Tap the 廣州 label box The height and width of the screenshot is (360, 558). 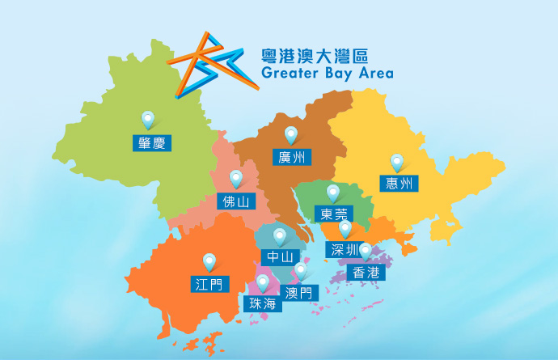(x=290, y=157)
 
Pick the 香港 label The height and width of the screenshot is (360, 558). (x=366, y=273)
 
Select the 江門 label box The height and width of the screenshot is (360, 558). (x=209, y=284)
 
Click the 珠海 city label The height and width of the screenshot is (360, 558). (x=263, y=304)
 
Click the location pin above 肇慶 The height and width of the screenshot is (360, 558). (x=148, y=121)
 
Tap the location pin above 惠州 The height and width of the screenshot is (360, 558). (x=397, y=163)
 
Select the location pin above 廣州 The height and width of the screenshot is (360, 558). (x=290, y=135)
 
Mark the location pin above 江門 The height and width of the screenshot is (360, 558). (x=209, y=262)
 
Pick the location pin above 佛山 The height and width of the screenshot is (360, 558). (x=236, y=179)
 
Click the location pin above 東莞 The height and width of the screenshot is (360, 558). (x=332, y=193)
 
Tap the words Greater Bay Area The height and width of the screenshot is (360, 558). (x=327, y=74)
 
